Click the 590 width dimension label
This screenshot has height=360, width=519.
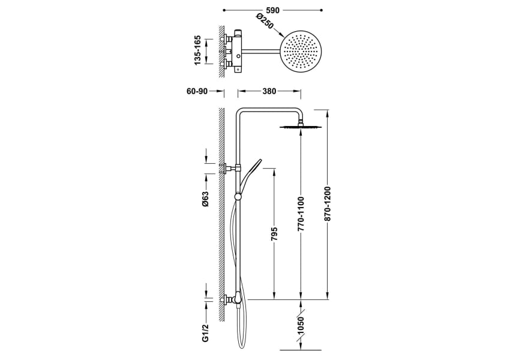point(272,10)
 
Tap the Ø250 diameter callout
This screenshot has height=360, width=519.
point(265,22)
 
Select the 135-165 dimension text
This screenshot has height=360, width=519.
point(197,50)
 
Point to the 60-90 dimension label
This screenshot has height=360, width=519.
point(197,91)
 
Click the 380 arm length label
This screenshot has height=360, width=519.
point(269,91)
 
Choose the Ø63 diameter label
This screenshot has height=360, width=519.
point(205,199)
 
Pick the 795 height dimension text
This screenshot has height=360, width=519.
point(274,234)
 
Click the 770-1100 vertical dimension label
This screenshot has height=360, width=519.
point(301,214)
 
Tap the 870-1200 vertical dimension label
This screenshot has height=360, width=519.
point(328,204)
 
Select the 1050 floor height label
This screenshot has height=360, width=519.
point(301,326)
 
